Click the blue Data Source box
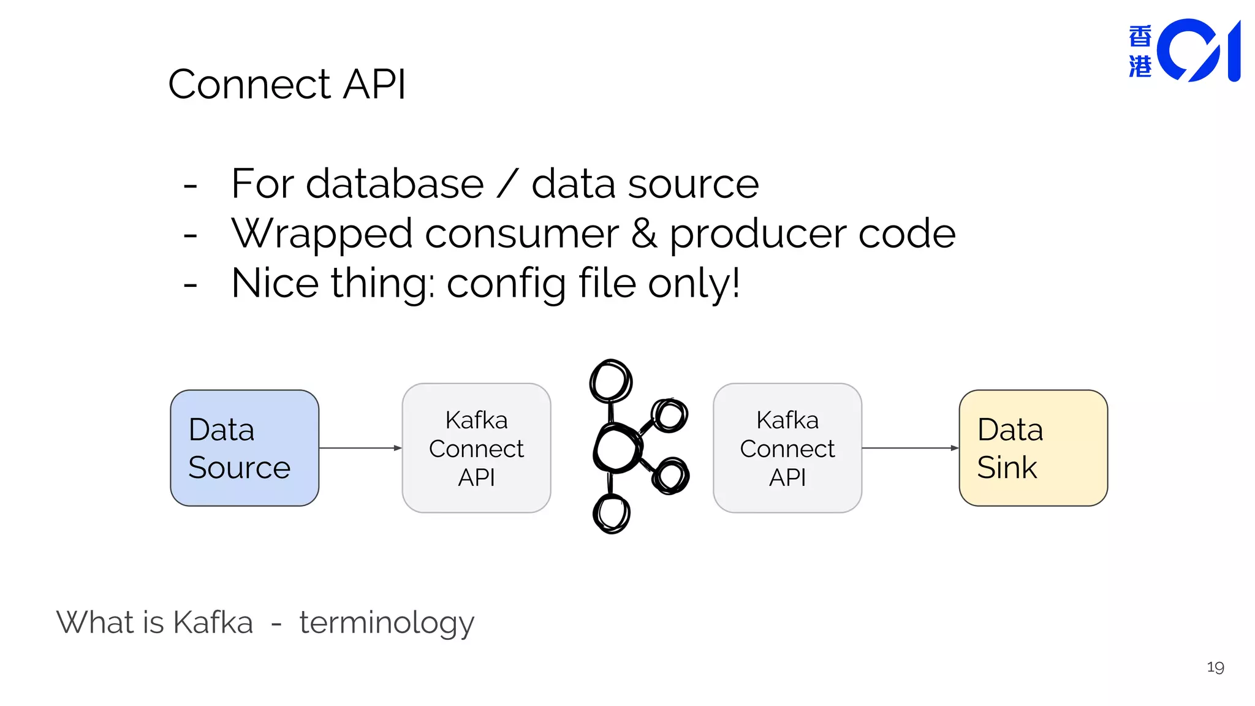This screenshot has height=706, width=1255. tap(244, 448)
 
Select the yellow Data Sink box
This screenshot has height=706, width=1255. tap(1033, 448)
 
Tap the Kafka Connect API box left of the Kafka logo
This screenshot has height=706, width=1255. tap(476, 448)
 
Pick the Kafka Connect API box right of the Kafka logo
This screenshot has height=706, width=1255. tap(787, 448)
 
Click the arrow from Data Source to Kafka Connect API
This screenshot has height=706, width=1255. tap(360, 448)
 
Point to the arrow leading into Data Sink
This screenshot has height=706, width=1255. tap(910, 448)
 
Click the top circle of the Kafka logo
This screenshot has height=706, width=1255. tap(610, 381)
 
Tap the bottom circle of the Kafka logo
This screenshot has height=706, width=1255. tap(611, 513)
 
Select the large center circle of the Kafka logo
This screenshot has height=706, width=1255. tap(616, 449)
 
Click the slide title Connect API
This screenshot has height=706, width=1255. tap(287, 84)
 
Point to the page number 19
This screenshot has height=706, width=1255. tap(1215, 667)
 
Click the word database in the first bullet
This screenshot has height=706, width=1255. tap(395, 184)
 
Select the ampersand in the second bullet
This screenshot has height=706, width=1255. tap(644, 233)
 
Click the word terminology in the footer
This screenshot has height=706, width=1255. tap(387, 623)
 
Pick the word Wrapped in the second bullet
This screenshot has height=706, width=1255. tap(322, 234)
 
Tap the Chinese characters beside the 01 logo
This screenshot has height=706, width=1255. tap(1140, 51)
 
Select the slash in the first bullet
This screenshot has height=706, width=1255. tap(507, 184)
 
